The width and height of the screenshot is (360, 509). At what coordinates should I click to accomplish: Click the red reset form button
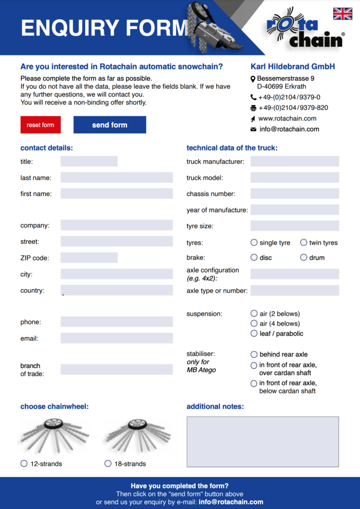tap(40, 125)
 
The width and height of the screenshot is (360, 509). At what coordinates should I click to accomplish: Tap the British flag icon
tap(342, 14)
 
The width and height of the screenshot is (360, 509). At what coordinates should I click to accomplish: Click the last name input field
tap(116, 177)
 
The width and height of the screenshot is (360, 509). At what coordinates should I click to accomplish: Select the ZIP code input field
tap(89, 257)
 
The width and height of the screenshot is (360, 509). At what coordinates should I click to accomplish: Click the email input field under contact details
tap(116, 338)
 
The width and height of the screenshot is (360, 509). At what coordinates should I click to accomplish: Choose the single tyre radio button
tap(254, 243)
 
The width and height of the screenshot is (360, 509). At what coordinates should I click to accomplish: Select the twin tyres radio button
tap(304, 243)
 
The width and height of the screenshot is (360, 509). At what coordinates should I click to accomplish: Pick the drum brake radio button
tap(304, 257)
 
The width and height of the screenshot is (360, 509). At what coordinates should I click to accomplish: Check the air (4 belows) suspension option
tap(254, 324)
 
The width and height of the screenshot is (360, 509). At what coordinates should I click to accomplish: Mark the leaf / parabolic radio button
tap(254, 334)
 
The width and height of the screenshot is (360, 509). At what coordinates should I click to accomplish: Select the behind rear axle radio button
tap(254, 354)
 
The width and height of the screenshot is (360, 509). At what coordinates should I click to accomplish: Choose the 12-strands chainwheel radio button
tap(24, 463)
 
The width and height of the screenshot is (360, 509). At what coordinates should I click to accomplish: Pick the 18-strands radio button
tap(108, 463)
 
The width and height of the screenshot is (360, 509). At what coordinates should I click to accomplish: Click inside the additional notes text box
tap(263, 442)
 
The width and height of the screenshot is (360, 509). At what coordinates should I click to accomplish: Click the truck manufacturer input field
tap(294, 162)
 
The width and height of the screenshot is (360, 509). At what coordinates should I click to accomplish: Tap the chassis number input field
tap(294, 194)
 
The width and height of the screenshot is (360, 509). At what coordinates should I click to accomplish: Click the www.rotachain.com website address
tap(287, 118)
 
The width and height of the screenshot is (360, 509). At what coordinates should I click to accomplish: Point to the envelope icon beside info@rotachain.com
tap(254, 129)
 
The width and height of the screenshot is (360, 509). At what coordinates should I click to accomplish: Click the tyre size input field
tap(294, 226)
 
